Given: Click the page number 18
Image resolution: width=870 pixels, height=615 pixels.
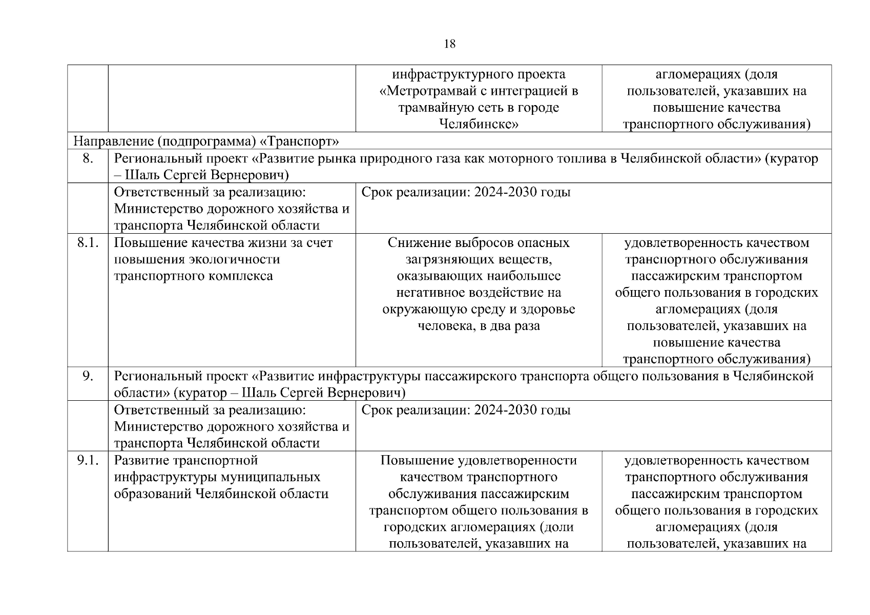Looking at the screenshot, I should pyautogui.click(x=449, y=44).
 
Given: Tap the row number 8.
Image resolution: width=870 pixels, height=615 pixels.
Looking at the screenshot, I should pyautogui.click(x=88, y=158).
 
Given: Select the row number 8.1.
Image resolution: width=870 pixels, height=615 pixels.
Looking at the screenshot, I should pyautogui.click(x=88, y=242).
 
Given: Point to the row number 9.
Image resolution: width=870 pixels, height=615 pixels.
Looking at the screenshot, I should pyautogui.click(x=88, y=376).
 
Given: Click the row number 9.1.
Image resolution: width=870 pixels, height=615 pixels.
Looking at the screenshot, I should pyautogui.click(x=88, y=460).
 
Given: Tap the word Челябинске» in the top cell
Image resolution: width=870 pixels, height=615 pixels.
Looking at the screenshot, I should pyautogui.click(x=479, y=125).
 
